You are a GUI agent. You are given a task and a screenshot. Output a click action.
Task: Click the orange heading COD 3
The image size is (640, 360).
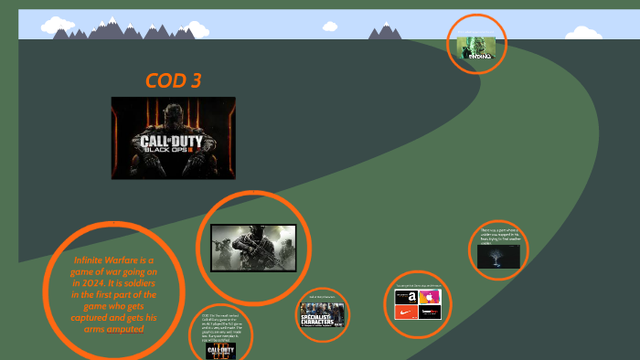[x=173, y=80]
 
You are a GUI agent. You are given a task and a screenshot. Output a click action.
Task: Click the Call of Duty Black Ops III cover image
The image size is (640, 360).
[x=173, y=137]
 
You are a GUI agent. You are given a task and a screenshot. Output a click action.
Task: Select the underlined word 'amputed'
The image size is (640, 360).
[x=125, y=329]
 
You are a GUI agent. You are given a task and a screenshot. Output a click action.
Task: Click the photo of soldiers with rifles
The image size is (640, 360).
[x=253, y=248]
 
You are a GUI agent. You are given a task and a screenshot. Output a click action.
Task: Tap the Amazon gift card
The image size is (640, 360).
[x=406, y=297]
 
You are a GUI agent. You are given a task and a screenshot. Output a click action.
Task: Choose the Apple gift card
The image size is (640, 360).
[x=430, y=297]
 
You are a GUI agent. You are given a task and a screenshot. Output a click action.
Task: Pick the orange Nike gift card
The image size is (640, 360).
[x=406, y=312]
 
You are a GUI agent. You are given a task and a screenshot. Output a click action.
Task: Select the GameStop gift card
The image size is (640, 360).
[x=430, y=312]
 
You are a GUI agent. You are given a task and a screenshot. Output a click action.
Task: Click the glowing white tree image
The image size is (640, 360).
[x=498, y=257]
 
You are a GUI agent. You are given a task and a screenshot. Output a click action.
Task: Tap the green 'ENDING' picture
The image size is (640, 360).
[x=476, y=48]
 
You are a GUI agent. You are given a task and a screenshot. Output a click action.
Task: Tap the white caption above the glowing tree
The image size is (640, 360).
[x=498, y=236]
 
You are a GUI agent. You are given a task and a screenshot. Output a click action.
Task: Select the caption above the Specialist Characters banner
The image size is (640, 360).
[x=322, y=297]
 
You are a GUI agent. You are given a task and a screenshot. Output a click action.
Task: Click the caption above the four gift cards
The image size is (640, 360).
[x=418, y=285]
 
